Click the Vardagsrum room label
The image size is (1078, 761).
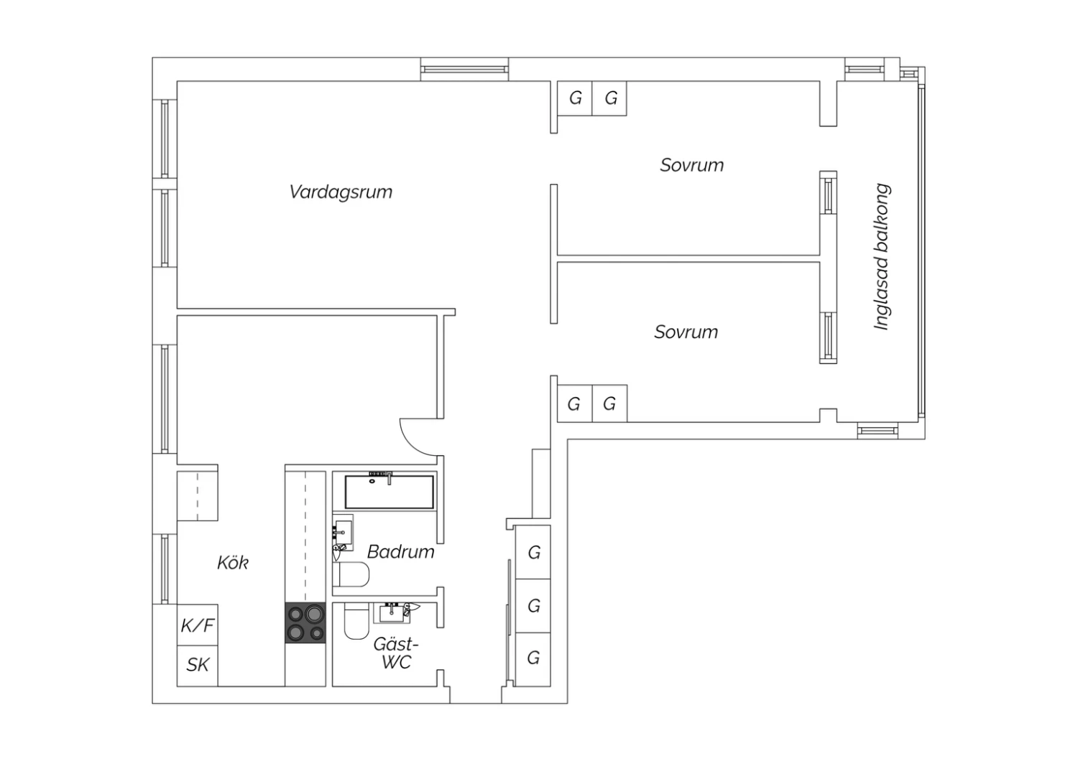pyautogui.click(x=341, y=192)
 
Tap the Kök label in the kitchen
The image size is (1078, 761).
pyautogui.click(x=232, y=562)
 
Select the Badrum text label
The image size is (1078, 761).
pyautogui.click(x=400, y=551)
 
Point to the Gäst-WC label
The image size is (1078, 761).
pyautogui.click(x=396, y=653)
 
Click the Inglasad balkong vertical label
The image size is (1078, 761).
pyautogui.click(x=882, y=257)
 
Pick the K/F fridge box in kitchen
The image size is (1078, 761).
pyautogui.click(x=198, y=625)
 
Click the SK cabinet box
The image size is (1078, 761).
pyautogui.click(x=198, y=666)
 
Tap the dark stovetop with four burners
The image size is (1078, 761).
pyautogui.click(x=305, y=622)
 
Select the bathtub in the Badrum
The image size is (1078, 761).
pyautogui.click(x=389, y=491)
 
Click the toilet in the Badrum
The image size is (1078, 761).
pyautogui.click(x=351, y=574)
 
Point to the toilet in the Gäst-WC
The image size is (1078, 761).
pyautogui.click(x=356, y=622)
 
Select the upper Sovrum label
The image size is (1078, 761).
pyautogui.click(x=691, y=165)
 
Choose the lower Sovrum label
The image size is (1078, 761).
pyautogui.click(x=686, y=332)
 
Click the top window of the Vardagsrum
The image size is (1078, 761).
pyautogui.click(x=464, y=69)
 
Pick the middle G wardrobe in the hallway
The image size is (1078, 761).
pyautogui.click(x=533, y=606)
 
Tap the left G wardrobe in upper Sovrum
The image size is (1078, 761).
pyautogui.click(x=575, y=98)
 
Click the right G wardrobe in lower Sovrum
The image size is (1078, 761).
pyautogui.click(x=609, y=403)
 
